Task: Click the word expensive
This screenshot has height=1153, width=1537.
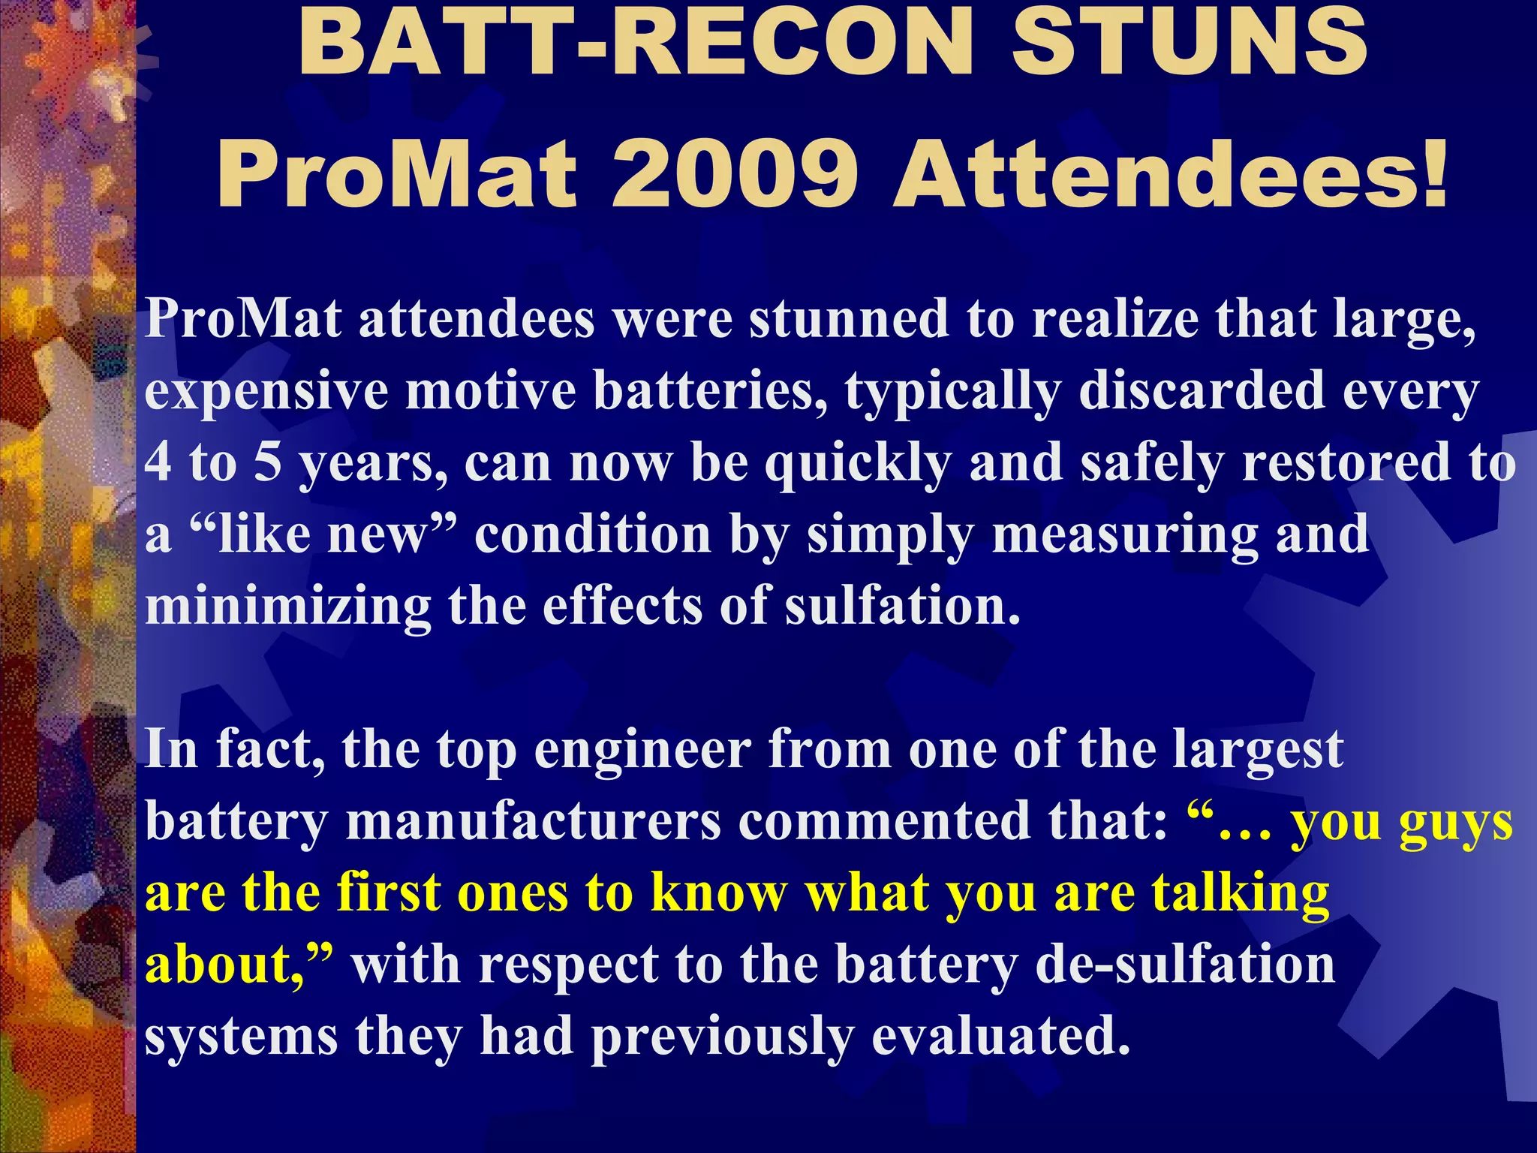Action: tap(266, 391)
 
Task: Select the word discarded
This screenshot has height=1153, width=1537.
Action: tap(1202, 391)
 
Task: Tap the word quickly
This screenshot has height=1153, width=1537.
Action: tap(858, 464)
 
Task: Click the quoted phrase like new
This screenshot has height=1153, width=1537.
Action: tap(323, 534)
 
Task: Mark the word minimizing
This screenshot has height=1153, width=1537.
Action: tap(288, 607)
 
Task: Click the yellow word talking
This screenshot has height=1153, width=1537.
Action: tap(1241, 894)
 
